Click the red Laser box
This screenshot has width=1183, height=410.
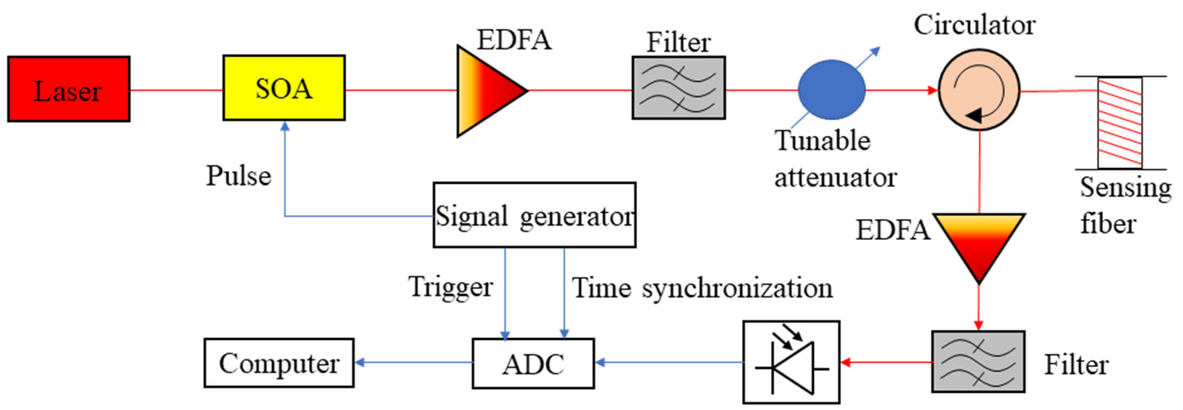tap(69, 89)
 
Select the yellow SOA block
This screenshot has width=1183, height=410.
tap(284, 88)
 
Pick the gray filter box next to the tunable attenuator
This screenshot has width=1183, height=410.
tap(678, 88)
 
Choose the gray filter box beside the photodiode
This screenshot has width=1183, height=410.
tap(978, 362)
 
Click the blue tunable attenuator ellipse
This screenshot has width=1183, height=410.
tap(831, 90)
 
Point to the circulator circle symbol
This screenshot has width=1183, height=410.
tap(978, 90)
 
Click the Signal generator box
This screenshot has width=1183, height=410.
tap(534, 215)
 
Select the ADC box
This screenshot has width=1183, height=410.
tap(533, 364)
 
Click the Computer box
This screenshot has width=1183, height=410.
tap(279, 363)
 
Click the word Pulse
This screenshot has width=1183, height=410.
tap(238, 176)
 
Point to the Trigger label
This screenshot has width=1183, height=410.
tap(451, 288)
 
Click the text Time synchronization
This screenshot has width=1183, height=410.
tap(702, 288)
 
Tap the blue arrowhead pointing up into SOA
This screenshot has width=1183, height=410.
tap(285, 126)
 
